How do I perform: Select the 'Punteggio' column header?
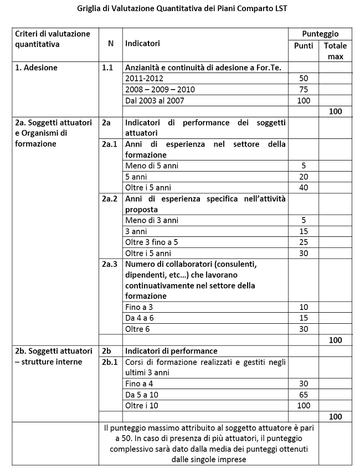[320, 34]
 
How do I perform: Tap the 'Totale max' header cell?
[335, 51]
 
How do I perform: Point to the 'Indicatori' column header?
[143, 43]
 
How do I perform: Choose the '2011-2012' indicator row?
[142, 79]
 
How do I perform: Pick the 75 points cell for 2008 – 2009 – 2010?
[303, 90]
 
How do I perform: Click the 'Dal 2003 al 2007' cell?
[155, 101]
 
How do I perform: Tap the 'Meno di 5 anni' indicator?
[152, 165]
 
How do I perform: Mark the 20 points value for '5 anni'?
[303, 177]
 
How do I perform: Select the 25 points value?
[303, 242]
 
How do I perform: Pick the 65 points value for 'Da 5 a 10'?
[303, 395]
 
